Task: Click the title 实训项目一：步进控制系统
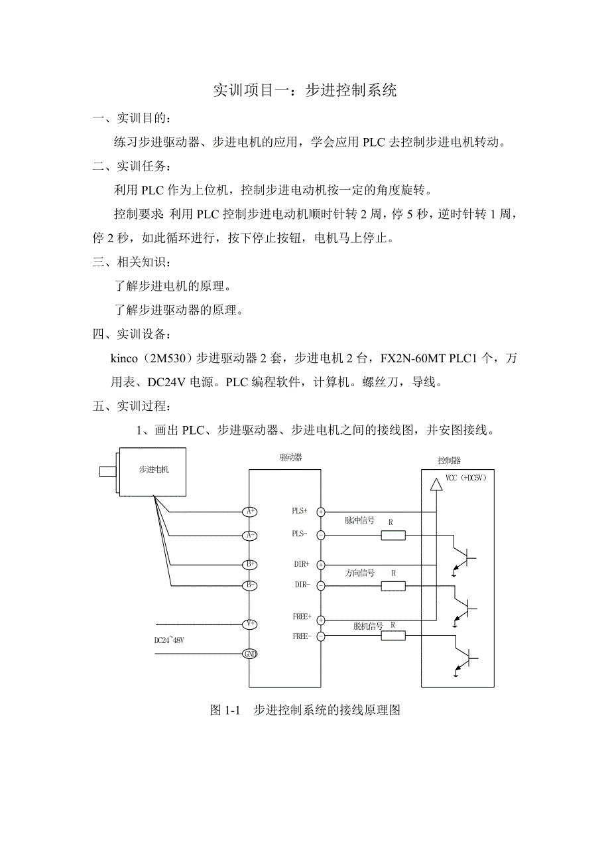pos(304,91)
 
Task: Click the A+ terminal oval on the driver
pos(249,512)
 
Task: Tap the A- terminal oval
pos(249,535)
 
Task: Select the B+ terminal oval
pos(249,565)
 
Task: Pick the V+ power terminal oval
pos(249,624)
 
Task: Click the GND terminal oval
pos(249,654)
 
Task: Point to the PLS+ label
pos(300,511)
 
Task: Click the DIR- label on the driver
pos(302,585)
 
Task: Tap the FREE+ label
pos(302,616)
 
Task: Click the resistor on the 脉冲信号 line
pos(393,535)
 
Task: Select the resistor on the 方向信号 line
pos(393,585)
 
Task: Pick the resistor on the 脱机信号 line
pos(393,636)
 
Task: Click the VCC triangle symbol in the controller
pos(436,484)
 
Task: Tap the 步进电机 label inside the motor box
pos(154,470)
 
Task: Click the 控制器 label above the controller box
pos(449,460)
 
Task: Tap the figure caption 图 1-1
pos(223,710)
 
